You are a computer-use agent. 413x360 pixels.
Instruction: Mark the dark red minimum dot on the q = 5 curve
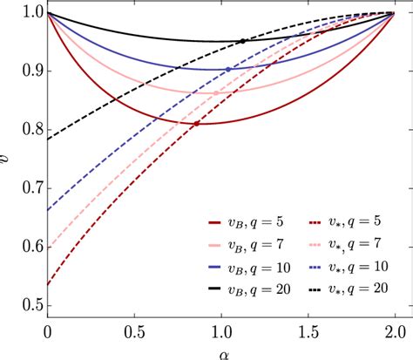click(x=195, y=124)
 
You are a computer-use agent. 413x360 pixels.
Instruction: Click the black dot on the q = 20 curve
click(x=242, y=41)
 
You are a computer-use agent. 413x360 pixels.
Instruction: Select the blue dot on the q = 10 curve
click(x=228, y=69)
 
